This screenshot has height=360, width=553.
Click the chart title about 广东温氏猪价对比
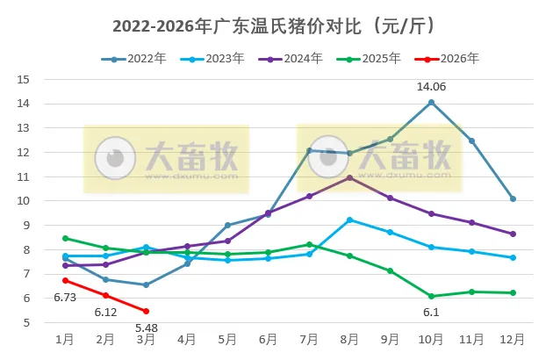click(275, 25)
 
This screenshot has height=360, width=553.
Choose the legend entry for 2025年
click(370, 59)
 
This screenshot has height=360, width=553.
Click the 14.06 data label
click(432, 86)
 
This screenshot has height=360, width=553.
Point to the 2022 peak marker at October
click(432, 102)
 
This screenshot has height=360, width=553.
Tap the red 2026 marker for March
click(146, 311)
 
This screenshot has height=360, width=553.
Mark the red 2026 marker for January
click(65, 280)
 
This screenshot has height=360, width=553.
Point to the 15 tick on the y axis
click(24, 79)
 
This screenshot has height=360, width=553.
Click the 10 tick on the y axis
click(24, 201)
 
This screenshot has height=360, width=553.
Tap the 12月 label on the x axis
click(513, 339)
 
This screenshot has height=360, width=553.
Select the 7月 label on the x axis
click(309, 339)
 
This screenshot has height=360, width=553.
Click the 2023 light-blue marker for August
click(350, 220)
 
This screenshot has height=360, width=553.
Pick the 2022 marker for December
click(513, 198)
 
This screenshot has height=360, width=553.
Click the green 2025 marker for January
click(65, 238)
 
